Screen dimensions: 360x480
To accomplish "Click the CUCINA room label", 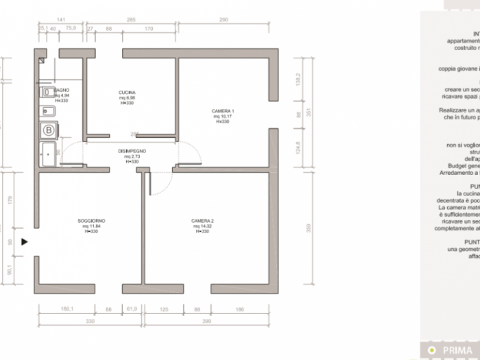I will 127,93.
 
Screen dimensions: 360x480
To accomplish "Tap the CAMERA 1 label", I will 223,111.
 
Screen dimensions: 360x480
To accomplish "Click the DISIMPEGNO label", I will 132,151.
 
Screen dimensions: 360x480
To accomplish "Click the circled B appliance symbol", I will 49,130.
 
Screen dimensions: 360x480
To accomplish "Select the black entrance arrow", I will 25,241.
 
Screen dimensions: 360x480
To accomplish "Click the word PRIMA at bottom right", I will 457,350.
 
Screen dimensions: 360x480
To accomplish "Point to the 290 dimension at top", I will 224,21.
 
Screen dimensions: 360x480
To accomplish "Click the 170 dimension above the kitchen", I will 149,29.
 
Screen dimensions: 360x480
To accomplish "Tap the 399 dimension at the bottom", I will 206,321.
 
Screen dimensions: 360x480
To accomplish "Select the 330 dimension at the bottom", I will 89,321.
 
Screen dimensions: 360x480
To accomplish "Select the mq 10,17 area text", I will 223,117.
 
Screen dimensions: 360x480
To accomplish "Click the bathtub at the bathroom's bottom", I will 49,154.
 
